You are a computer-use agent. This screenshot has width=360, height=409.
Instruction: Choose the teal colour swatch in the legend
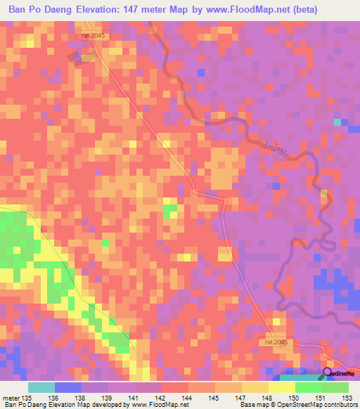click(x=41, y=387)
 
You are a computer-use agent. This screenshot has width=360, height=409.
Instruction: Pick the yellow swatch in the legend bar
click(x=281, y=387)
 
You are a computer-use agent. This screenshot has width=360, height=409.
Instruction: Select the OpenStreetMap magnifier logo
click(x=328, y=373)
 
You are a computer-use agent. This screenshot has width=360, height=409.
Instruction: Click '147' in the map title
click(x=146, y=10)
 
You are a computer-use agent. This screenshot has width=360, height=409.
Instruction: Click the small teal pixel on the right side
click(x=337, y=122)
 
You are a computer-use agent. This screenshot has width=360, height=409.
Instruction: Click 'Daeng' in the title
click(x=57, y=10)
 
